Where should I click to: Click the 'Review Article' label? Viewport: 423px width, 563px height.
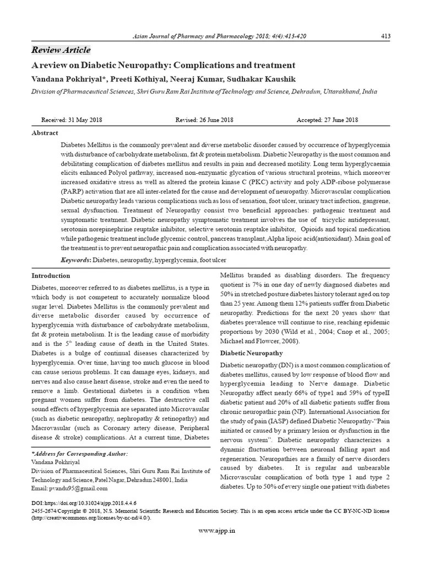(x=61, y=50)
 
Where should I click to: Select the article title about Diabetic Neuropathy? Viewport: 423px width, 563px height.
(x=163, y=65)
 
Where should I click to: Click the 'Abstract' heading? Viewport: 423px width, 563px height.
(x=45, y=133)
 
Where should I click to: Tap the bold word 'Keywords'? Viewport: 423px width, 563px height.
(x=76, y=259)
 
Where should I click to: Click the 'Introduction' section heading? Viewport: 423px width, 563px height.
(x=51, y=275)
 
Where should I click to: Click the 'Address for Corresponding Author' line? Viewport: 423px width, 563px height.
(x=80, y=454)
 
